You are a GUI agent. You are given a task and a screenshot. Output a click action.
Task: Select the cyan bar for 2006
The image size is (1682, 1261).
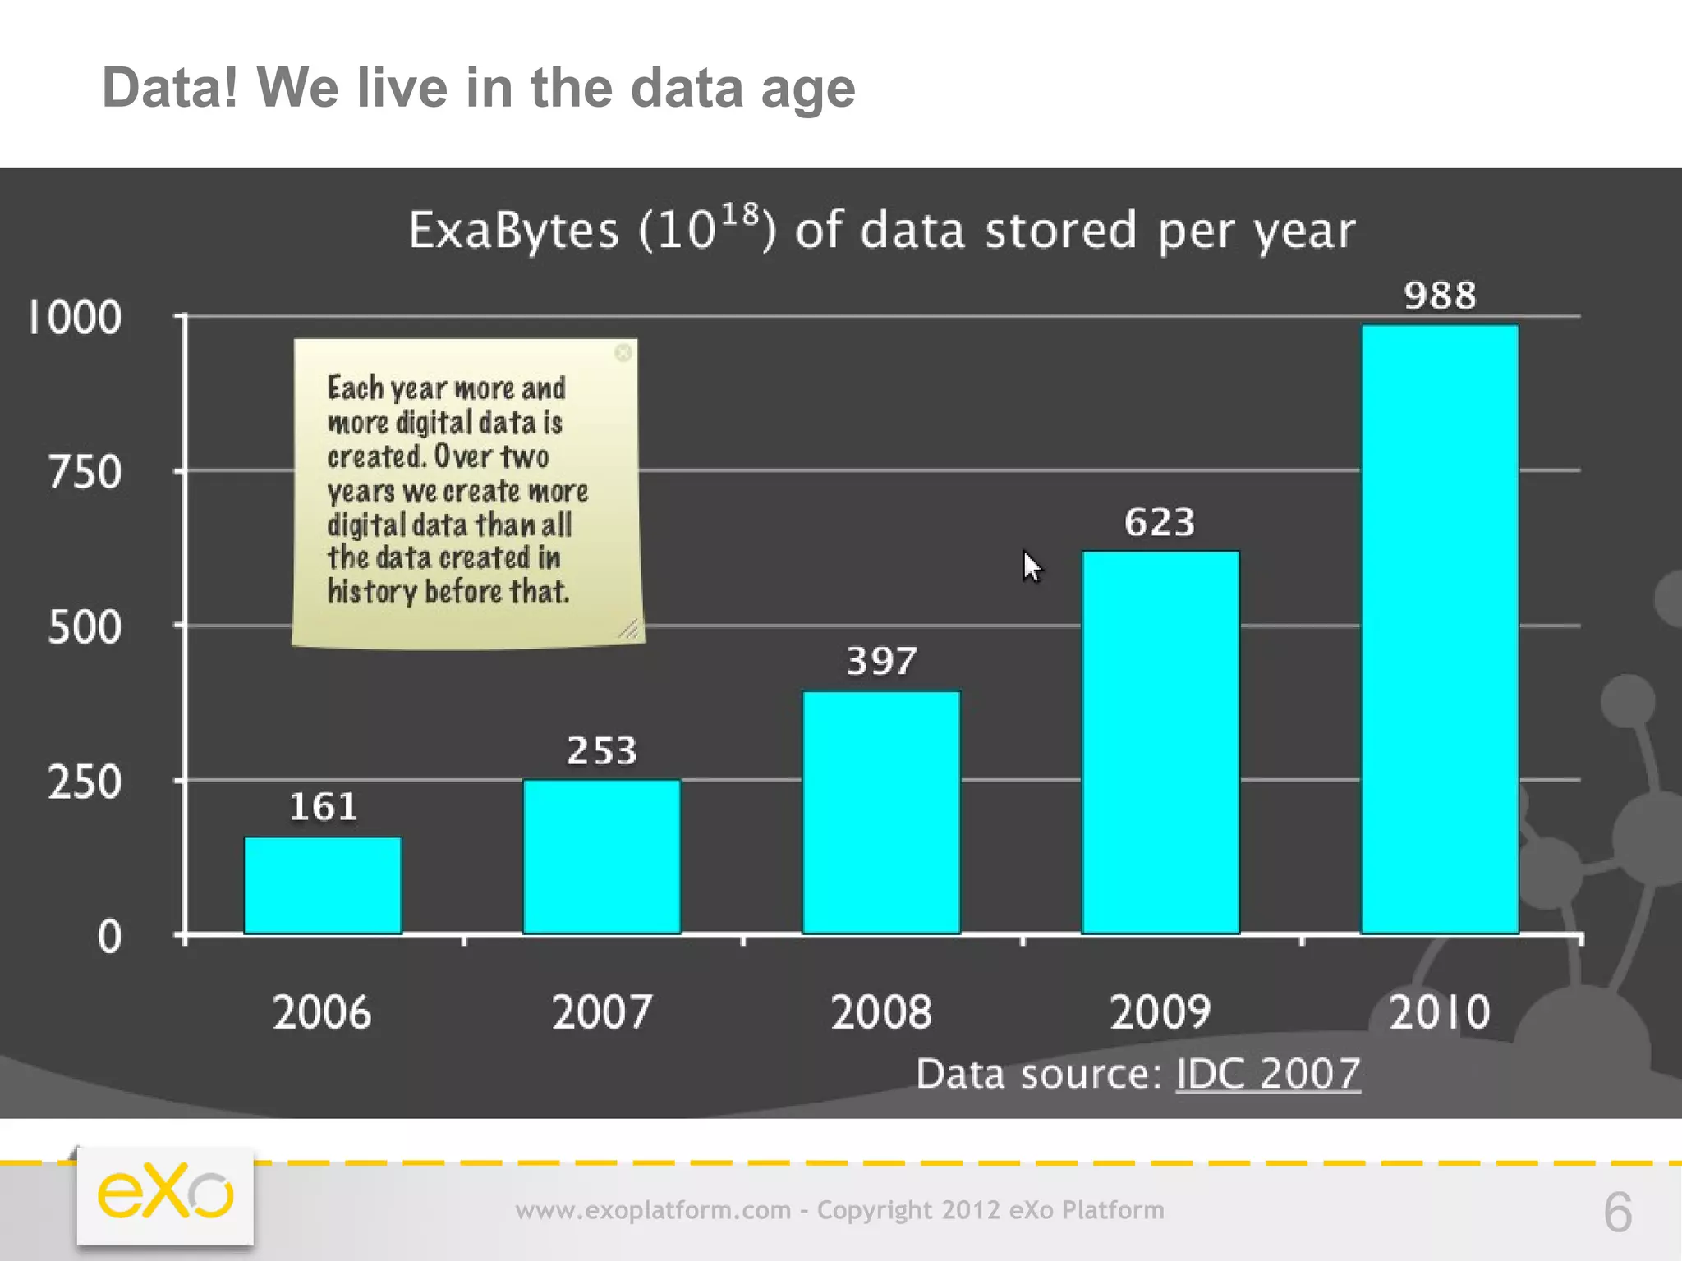[x=323, y=885]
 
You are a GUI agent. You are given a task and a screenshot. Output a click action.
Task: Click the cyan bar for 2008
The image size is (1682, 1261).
[x=881, y=813]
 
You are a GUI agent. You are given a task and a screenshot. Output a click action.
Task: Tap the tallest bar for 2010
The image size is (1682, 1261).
[x=1440, y=630]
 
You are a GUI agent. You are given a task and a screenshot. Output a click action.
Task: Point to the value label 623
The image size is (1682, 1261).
[x=1160, y=522]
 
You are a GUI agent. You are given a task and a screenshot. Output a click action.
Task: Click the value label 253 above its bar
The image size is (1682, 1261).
[x=602, y=751]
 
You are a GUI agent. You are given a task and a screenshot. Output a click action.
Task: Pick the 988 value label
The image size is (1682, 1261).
[x=1440, y=296]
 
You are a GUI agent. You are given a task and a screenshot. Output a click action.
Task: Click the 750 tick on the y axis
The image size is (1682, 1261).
[x=85, y=473]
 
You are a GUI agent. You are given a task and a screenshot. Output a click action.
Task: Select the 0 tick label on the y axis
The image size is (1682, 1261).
[x=109, y=937]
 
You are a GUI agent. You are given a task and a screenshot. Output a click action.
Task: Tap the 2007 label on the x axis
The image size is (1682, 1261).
[x=602, y=1012]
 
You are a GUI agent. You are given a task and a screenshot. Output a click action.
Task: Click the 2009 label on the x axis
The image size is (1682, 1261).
[x=1160, y=1012]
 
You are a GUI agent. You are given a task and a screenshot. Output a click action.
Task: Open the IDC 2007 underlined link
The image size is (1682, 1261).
[x=1268, y=1074]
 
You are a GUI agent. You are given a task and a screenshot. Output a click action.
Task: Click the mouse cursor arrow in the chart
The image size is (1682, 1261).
[x=1031, y=566]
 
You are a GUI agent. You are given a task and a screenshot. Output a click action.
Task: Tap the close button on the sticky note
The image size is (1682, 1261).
[x=623, y=353]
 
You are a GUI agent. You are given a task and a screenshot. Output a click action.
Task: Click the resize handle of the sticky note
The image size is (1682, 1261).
[x=629, y=630]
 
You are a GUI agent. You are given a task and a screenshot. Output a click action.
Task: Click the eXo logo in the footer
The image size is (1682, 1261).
[x=165, y=1195]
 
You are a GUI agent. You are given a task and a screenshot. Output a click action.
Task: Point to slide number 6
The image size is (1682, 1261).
[x=1617, y=1213]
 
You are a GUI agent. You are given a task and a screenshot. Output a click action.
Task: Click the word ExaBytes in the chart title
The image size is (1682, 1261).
[x=513, y=231]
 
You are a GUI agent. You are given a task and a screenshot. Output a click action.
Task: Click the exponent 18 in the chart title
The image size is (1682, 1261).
[x=739, y=215]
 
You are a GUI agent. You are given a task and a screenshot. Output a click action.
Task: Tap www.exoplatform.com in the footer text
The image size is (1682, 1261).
[x=653, y=1210]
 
